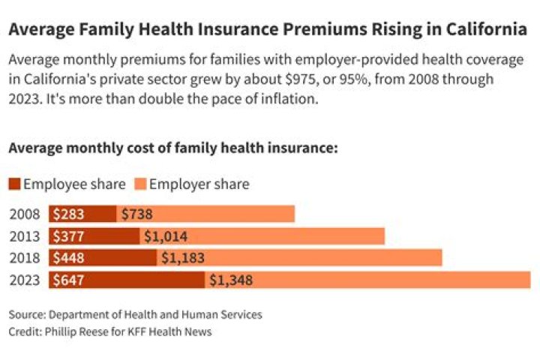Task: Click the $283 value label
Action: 69,214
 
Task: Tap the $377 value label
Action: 69,236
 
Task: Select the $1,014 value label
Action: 166,236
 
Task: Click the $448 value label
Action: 69,258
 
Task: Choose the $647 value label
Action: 69,280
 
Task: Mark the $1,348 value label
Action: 231,280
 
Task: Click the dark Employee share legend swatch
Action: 15,184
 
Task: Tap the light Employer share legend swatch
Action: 140,184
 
